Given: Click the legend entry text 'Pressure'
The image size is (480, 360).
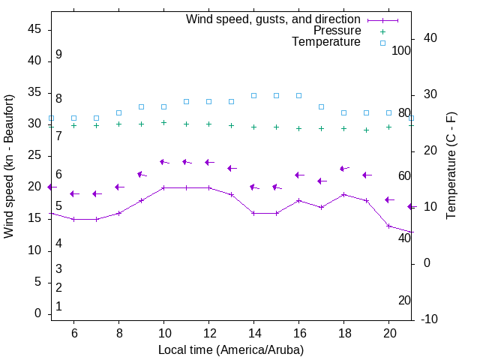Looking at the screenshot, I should [337, 31].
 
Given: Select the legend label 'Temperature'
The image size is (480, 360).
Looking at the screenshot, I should [326, 42].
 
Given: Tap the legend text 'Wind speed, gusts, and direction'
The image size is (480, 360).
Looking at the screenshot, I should [273, 19].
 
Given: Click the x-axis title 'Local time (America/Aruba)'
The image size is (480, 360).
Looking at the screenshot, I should [231, 349].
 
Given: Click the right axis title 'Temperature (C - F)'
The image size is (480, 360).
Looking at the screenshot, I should [451, 166].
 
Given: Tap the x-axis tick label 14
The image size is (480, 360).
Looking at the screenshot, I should [253, 333].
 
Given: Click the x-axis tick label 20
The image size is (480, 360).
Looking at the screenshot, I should [389, 333].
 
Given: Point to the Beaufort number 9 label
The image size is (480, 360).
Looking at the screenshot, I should [58, 55].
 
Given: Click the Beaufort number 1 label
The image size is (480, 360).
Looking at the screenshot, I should [58, 306].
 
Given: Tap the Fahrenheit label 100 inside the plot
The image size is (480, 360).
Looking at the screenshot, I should [402, 50].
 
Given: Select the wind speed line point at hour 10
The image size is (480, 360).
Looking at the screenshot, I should [163, 187].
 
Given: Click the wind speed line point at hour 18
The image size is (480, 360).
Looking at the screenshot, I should [344, 194].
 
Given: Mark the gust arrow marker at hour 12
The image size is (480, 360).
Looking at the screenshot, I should [209, 162].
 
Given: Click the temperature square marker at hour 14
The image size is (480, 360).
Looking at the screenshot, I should [253, 95].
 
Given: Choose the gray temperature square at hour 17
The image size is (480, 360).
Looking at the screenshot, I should [322, 106].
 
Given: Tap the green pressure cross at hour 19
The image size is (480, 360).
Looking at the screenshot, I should [367, 130].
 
